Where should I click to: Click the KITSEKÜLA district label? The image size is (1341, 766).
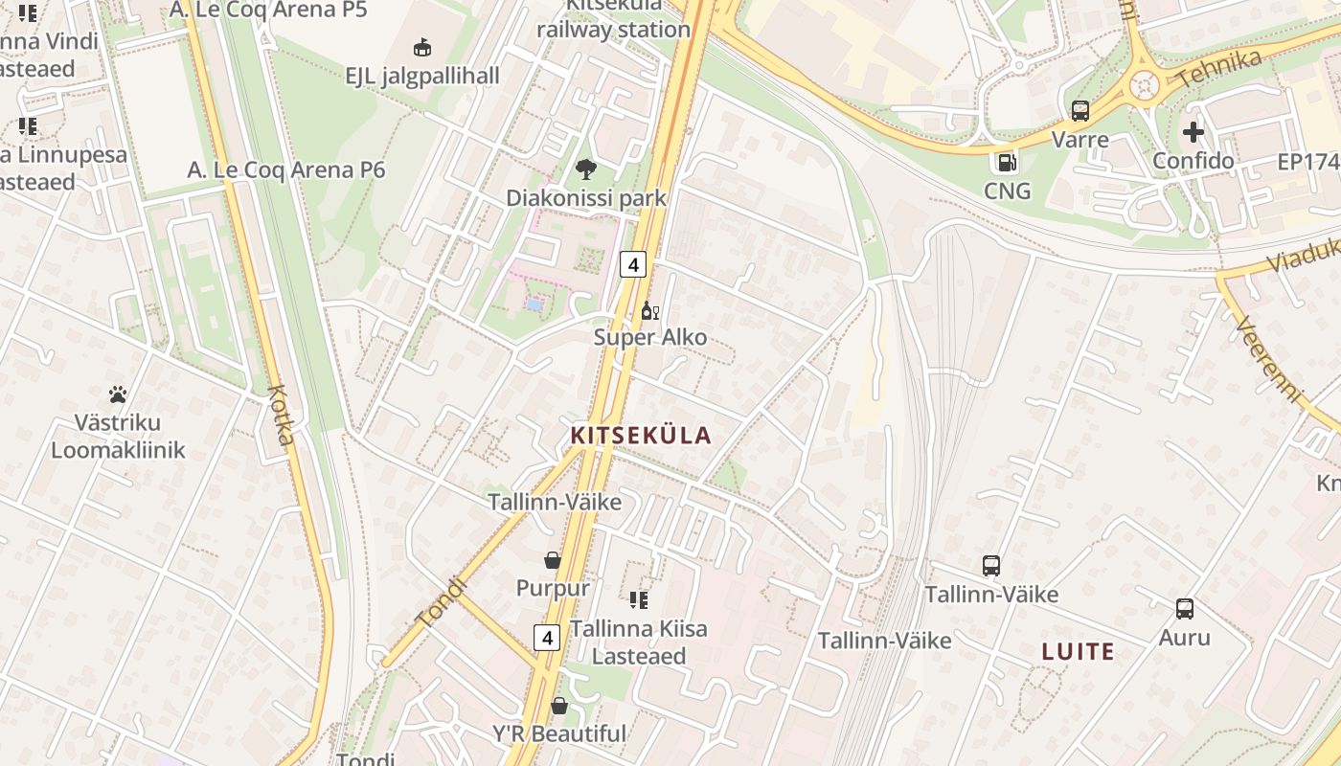[x=641, y=436]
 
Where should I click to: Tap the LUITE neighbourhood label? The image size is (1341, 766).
[x=1078, y=652]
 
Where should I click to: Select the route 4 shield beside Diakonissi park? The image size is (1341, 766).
[x=632, y=264]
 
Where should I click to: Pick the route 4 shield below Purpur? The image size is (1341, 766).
[x=547, y=638]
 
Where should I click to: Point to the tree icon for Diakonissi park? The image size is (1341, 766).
[x=585, y=170]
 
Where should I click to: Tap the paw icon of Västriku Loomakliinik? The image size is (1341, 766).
[x=118, y=394]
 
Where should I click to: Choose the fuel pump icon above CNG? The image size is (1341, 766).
[x=1007, y=163]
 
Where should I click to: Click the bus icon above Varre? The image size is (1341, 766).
[x=1080, y=111]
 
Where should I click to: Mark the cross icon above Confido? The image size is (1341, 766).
[x=1193, y=132]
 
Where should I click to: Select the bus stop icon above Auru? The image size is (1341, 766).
[x=1185, y=609]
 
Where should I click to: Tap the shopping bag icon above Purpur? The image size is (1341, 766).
[x=553, y=560]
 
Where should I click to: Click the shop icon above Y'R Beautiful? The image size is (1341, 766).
[x=559, y=707]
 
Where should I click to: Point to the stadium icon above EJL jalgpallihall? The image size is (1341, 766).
[x=421, y=47]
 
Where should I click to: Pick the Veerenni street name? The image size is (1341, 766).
[x=1269, y=361]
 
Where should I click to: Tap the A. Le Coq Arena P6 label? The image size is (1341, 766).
[x=286, y=170]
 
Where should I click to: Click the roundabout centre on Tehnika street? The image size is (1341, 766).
[x=1145, y=86]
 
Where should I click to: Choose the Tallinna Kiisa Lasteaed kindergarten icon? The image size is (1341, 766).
[x=639, y=600]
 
